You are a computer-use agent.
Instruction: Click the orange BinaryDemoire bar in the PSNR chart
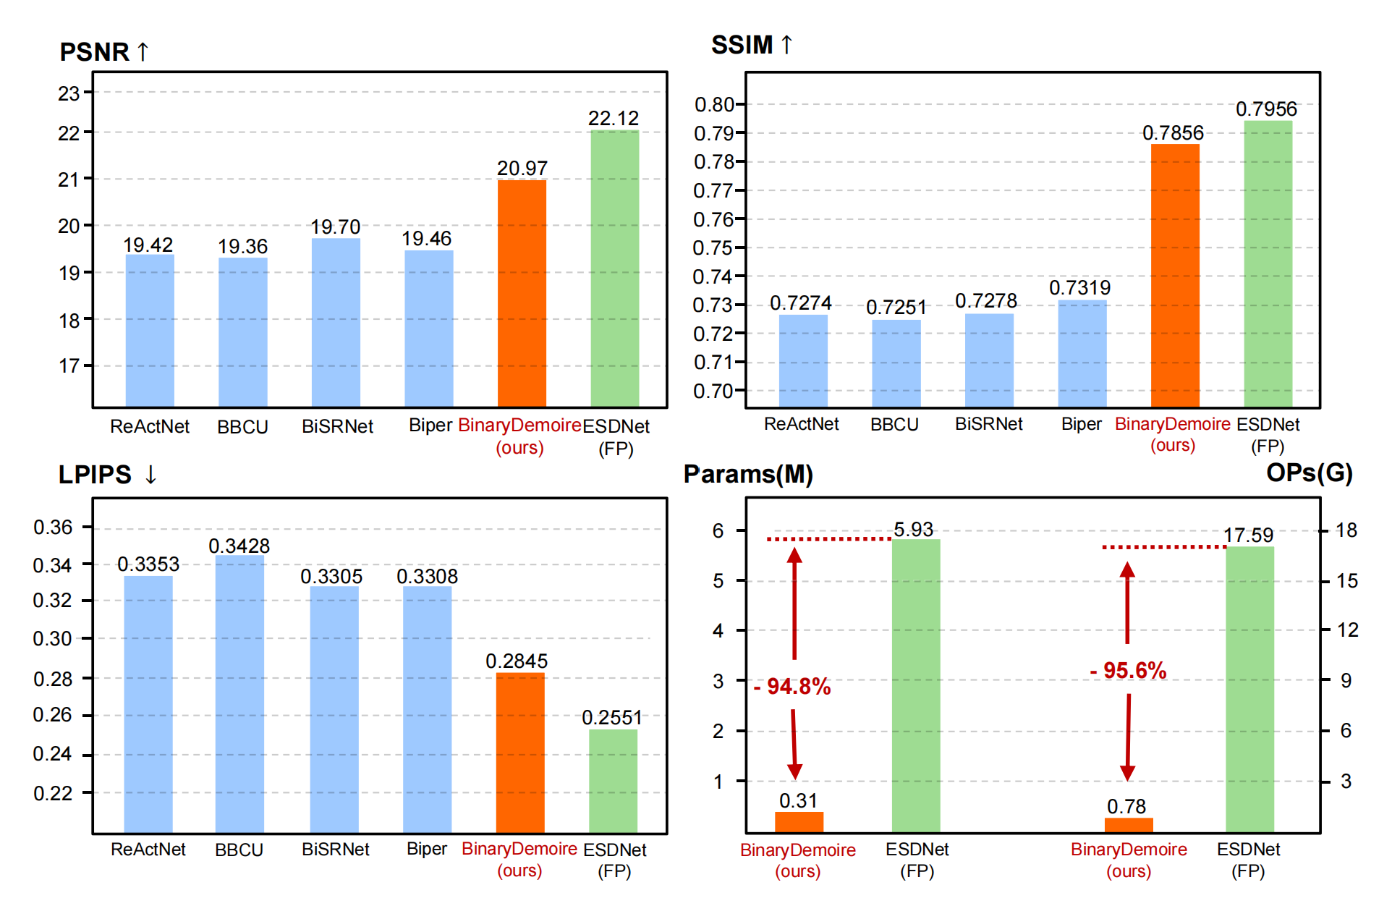point(522,293)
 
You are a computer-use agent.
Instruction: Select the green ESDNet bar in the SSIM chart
point(1268,264)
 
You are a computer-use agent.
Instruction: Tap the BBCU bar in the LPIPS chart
point(239,695)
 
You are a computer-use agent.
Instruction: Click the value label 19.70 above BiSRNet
point(335,227)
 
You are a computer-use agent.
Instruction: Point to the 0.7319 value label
point(1079,288)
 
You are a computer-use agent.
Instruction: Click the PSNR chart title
point(103,52)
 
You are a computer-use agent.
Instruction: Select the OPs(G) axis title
point(1309,473)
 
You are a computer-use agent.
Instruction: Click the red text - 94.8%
point(792,686)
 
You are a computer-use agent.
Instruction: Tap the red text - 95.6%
point(1128,671)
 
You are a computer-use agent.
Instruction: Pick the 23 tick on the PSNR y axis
point(69,93)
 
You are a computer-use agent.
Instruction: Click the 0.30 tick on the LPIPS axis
point(52,639)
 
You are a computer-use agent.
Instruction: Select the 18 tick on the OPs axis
point(1346,530)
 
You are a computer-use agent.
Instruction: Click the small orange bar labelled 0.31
point(799,822)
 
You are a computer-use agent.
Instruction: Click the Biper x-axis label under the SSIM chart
point(1081,424)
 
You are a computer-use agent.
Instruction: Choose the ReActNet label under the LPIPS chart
point(148,849)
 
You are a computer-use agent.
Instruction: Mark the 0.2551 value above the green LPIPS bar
point(612,718)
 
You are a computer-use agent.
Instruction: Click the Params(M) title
point(748,474)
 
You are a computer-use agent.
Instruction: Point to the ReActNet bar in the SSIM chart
point(803,360)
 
